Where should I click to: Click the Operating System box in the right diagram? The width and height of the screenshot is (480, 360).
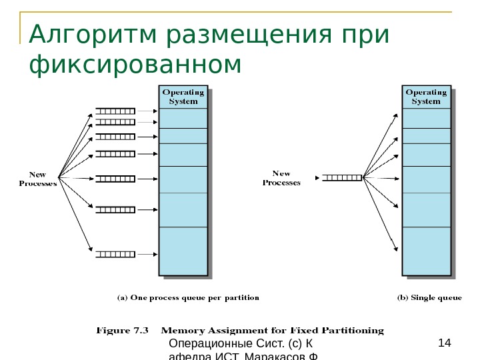[426, 97]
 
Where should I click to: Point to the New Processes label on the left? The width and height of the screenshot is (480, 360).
[37, 179]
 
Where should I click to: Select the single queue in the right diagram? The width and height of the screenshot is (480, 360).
[342, 177]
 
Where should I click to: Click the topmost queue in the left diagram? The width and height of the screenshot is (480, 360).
[115, 111]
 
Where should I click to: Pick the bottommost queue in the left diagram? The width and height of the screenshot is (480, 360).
[115, 253]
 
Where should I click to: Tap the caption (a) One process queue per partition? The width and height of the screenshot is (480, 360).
[189, 298]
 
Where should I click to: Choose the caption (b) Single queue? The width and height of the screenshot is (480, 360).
[430, 298]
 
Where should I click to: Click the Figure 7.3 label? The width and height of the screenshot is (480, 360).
[123, 330]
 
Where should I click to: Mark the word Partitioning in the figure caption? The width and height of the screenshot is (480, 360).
[353, 330]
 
